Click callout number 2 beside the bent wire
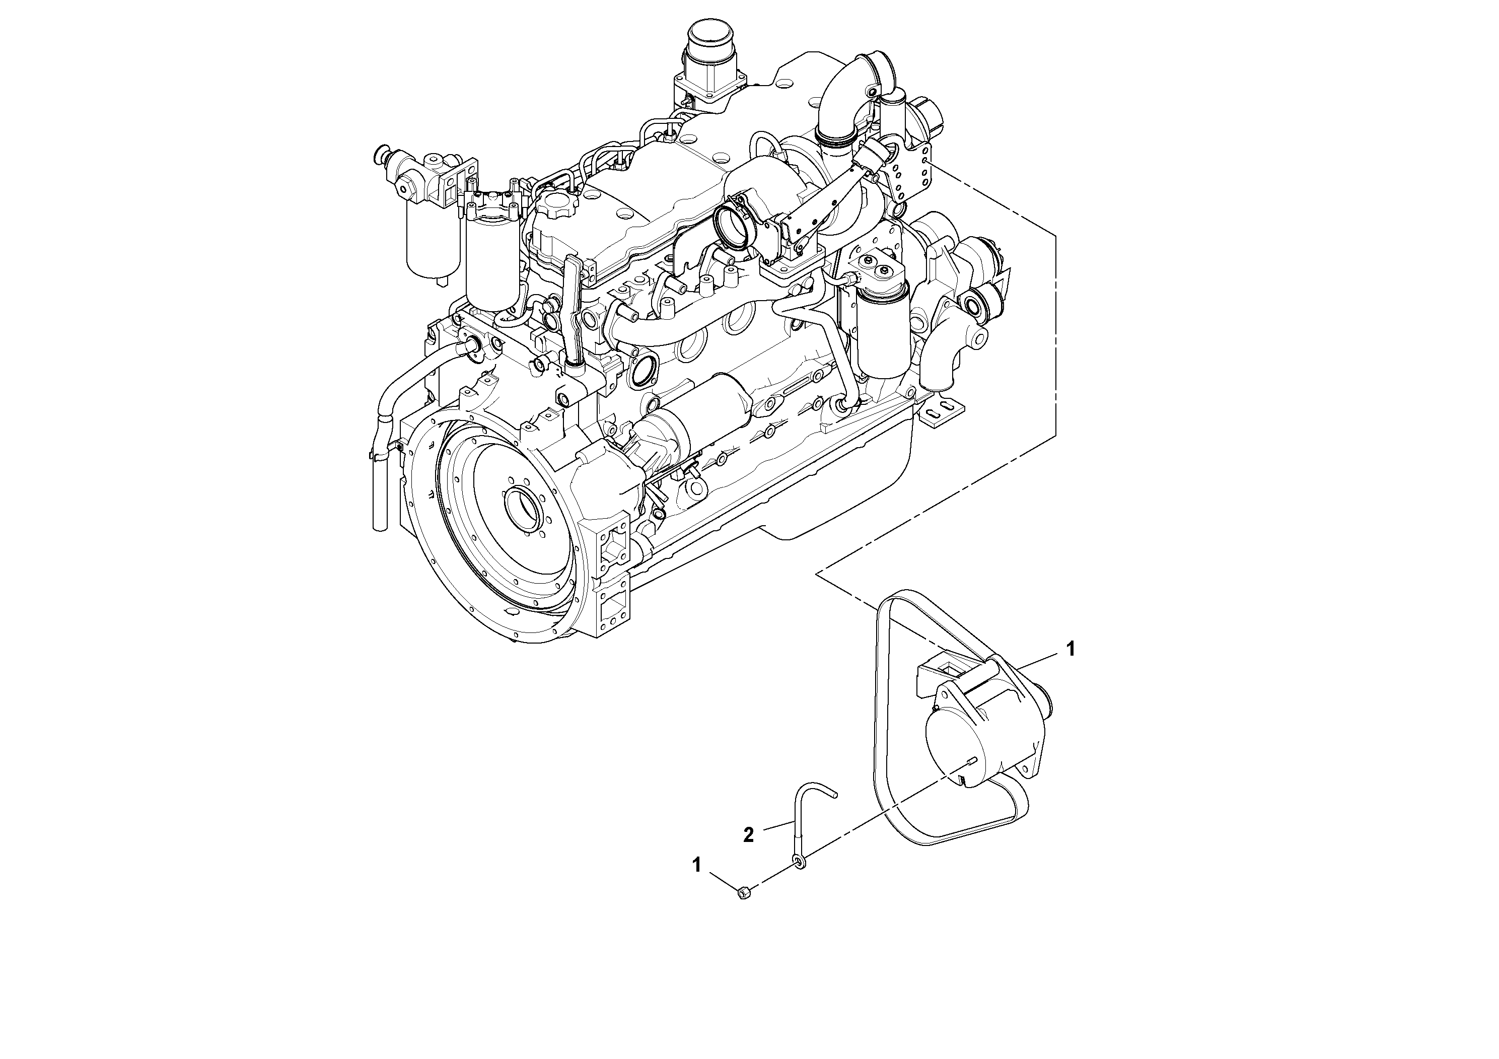[749, 834]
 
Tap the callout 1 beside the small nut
[696, 865]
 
